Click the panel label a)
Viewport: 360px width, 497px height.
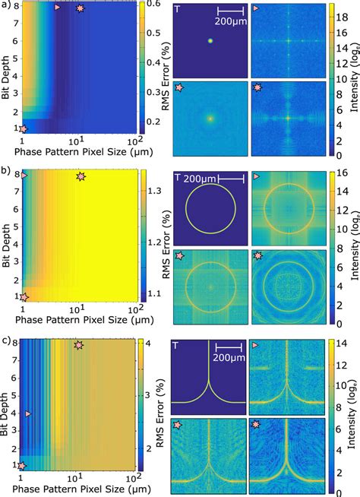click(x=6, y=5)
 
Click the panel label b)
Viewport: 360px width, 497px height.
click(x=6, y=171)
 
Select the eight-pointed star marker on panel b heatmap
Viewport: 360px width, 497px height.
click(x=81, y=176)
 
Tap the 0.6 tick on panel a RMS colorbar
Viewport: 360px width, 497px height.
click(x=151, y=6)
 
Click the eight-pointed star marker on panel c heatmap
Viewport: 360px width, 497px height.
click(x=78, y=345)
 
